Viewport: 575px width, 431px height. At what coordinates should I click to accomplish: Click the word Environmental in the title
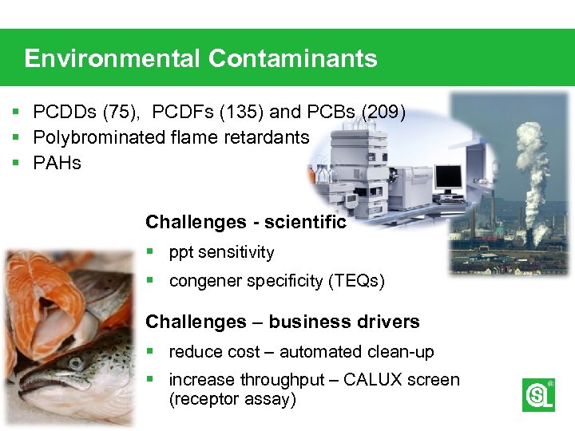(113, 58)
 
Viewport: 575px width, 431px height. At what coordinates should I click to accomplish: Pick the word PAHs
(57, 164)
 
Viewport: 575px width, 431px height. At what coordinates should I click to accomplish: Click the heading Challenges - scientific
(246, 222)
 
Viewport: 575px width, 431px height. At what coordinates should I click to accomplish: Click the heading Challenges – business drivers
(282, 322)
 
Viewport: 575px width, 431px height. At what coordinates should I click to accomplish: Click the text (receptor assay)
(232, 399)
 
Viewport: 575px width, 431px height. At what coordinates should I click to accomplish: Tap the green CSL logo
(537, 395)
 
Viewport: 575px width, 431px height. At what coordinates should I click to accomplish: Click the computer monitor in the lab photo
(448, 177)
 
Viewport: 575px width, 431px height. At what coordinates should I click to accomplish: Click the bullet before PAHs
(15, 164)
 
